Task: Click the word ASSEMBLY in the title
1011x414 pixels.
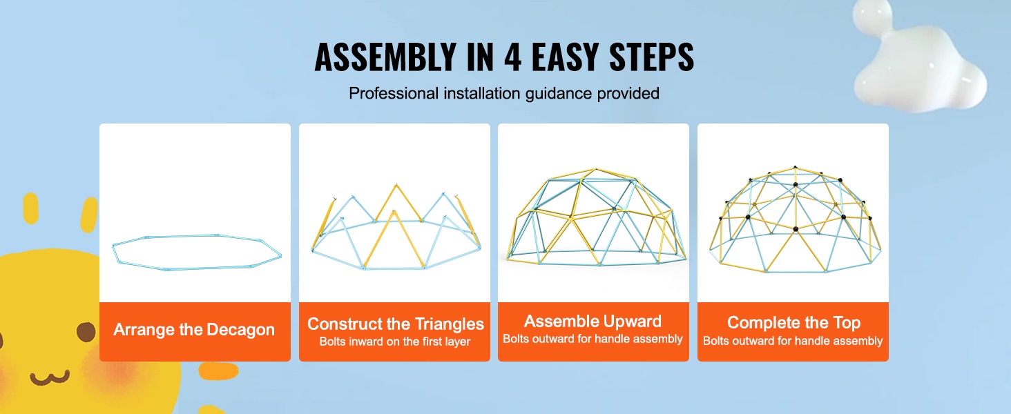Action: (x=385, y=57)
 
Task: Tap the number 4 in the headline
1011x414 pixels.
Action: (x=512, y=57)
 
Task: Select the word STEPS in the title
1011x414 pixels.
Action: (x=651, y=57)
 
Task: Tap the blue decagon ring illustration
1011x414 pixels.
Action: (x=197, y=252)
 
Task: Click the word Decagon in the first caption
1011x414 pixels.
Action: (x=240, y=330)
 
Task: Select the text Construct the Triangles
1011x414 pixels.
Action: (x=396, y=324)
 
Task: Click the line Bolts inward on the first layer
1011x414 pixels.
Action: (x=395, y=342)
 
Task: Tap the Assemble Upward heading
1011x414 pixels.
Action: (x=593, y=321)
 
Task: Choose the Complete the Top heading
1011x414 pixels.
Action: (x=793, y=322)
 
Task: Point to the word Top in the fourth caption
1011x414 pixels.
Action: (x=847, y=322)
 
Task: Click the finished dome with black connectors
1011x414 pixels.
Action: (x=795, y=219)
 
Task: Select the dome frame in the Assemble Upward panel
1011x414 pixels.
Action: (x=596, y=217)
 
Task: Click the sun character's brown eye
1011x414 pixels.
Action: (x=86, y=332)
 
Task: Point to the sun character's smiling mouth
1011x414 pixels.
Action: (x=50, y=377)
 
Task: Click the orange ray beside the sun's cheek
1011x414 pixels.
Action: (x=218, y=371)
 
